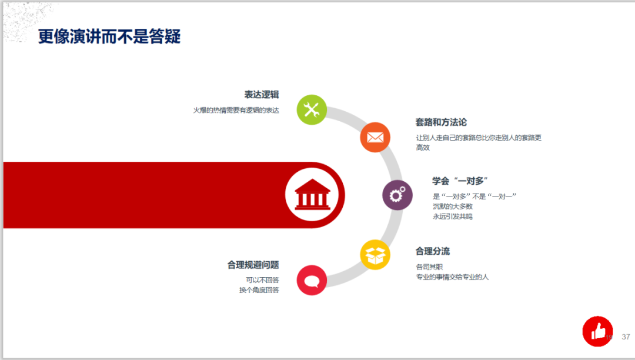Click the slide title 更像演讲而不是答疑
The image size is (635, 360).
109,36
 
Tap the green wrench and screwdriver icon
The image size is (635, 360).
312,110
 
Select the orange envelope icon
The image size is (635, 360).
375,137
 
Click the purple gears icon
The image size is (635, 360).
397,195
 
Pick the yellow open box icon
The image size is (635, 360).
375,255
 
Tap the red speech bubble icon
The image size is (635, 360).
312,280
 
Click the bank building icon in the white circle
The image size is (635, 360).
312,194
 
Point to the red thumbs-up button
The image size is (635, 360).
598,331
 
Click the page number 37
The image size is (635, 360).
626,336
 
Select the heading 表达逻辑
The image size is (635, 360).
262,95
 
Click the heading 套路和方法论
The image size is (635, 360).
441,122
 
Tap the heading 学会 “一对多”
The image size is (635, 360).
460,181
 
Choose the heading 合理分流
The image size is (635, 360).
433,251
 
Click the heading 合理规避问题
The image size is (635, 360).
253,265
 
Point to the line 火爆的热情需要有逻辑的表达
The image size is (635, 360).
236,110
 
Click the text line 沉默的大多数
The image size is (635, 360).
453,206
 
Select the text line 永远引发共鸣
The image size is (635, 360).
453,216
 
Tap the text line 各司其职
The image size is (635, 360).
429,267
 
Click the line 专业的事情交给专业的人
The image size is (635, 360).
452,277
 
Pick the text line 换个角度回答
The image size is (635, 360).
259,290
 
